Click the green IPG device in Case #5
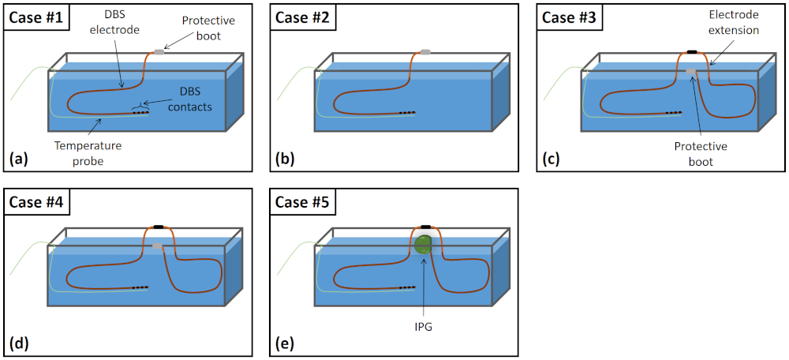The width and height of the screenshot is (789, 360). pos(424,245)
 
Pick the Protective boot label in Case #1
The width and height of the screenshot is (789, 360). pos(200,28)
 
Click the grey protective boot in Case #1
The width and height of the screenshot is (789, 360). pos(159,51)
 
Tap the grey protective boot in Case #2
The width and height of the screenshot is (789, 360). pos(425,51)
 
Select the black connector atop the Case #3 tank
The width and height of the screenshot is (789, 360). pos(692,51)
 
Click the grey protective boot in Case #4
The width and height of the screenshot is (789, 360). pos(158,246)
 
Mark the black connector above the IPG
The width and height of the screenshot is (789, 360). pos(425,227)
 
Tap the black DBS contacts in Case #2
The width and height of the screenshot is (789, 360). pos(407,112)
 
